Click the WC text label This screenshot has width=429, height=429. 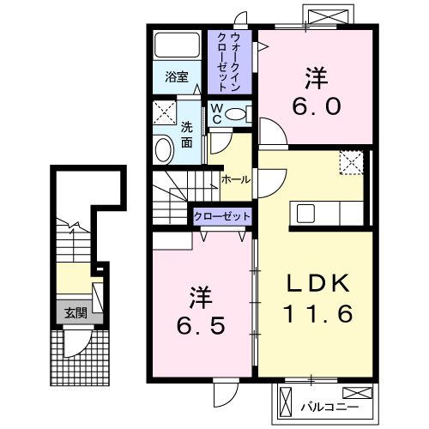(x=216, y=114)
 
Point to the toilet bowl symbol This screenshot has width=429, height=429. (x=239, y=113)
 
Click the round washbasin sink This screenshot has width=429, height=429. (x=162, y=150)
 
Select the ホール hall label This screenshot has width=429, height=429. (x=236, y=180)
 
